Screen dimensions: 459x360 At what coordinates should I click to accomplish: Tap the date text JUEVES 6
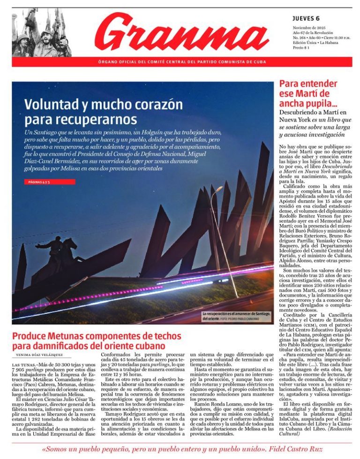click(x=306, y=18)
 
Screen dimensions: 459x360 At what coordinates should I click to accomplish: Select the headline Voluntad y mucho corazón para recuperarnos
click(x=104, y=111)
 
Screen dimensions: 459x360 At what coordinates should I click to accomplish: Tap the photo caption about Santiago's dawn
click(x=237, y=316)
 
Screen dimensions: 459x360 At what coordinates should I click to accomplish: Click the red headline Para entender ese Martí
click(x=308, y=93)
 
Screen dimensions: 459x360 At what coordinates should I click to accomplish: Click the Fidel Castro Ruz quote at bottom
click(x=180, y=449)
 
